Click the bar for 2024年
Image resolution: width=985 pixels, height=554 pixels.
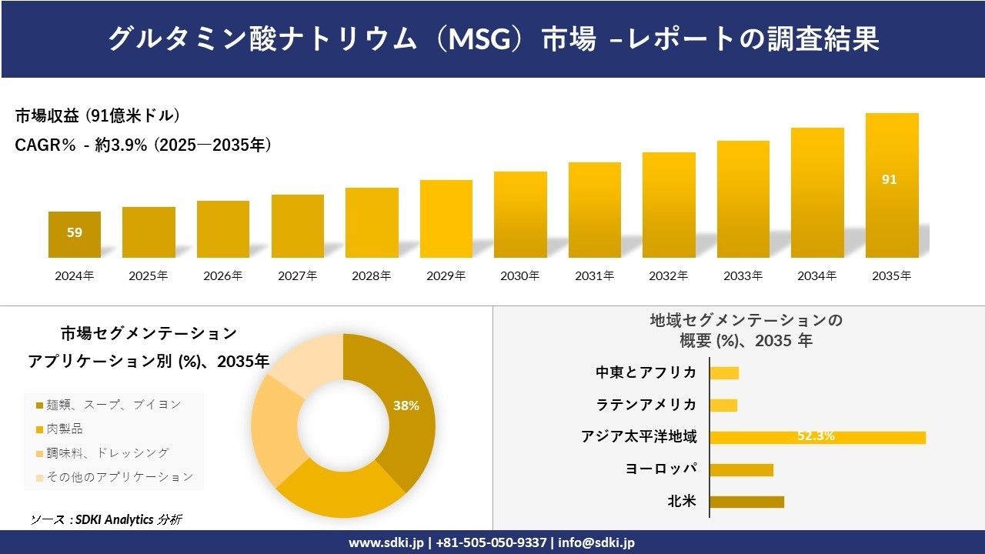[75, 235]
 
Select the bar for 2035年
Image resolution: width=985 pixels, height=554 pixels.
[892, 185]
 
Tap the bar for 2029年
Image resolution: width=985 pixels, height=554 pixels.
[446, 219]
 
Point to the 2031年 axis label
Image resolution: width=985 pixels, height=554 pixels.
[594, 276]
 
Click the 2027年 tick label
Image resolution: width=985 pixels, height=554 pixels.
[297, 276]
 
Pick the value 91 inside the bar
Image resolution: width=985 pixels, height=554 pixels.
[890, 179]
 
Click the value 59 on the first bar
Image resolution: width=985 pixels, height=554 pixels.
[75, 232]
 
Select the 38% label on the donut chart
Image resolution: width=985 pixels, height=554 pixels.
[406, 405]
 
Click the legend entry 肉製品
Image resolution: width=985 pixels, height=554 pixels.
[65, 429]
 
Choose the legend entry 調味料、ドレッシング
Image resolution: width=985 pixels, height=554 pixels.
[107, 453]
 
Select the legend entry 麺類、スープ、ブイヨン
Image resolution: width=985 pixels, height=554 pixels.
[113, 405]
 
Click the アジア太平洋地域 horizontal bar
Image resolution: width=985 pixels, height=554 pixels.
[817, 437]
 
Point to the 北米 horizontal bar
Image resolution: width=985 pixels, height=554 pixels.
[746, 502]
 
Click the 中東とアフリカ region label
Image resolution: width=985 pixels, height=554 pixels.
[646, 372]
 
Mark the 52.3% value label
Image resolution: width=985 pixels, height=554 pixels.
[816, 436]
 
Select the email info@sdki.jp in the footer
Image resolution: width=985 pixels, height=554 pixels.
[597, 542]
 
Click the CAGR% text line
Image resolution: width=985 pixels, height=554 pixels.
[143, 145]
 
